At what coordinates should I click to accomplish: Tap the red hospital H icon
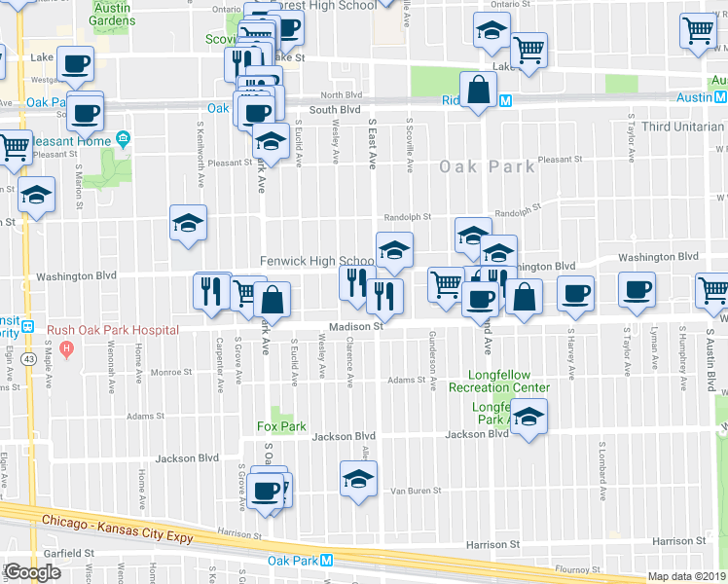click(x=66, y=347)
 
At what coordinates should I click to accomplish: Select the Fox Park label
click(x=281, y=426)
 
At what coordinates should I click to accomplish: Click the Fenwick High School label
click(x=317, y=261)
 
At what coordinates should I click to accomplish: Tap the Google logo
click(x=32, y=572)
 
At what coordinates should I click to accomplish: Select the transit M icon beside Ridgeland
click(x=505, y=99)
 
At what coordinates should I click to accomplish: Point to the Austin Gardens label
click(x=113, y=14)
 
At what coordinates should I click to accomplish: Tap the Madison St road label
click(x=352, y=327)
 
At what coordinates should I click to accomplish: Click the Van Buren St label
click(x=417, y=492)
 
